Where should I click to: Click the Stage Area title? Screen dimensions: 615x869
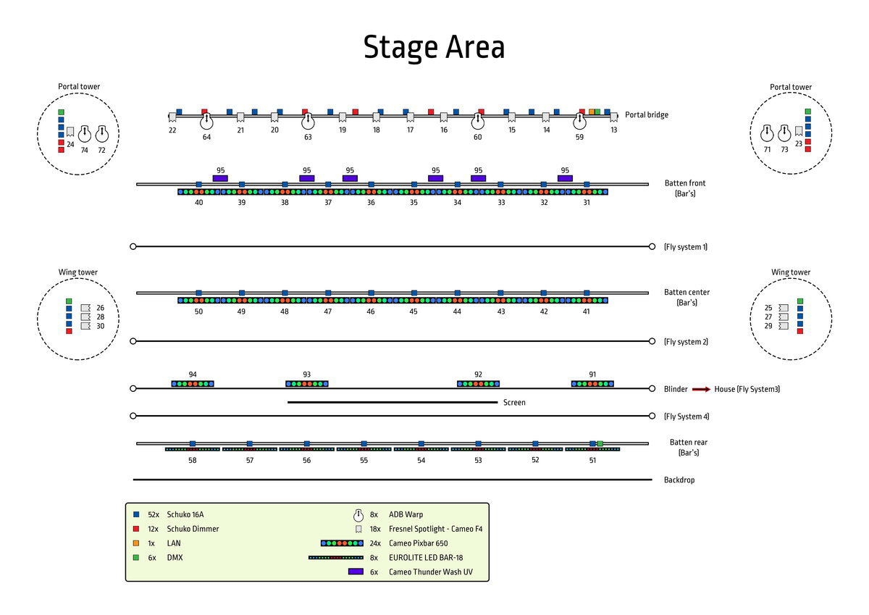click(434, 48)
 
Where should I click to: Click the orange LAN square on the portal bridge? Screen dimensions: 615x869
click(591, 112)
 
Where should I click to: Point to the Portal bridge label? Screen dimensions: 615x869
click(647, 114)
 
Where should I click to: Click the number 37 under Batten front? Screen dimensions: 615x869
click(328, 203)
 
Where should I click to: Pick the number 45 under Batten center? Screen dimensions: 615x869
click(413, 311)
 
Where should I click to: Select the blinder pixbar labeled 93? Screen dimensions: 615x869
click(306, 384)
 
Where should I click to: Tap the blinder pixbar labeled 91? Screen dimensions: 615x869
click(592, 384)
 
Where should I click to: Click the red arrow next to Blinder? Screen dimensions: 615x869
click(701, 389)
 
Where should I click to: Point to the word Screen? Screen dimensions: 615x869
click(514, 402)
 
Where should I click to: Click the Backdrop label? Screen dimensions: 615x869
click(679, 480)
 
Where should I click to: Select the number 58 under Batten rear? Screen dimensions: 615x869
click(192, 460)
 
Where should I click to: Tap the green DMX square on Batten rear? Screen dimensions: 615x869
click(600, 443)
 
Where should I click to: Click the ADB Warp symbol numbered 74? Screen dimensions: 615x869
click(85, 134)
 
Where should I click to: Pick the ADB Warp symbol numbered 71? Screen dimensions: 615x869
click(768, 134)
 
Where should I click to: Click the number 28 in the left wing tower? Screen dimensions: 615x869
click(101, 317)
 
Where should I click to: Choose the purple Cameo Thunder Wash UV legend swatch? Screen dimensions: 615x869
click(356, 572)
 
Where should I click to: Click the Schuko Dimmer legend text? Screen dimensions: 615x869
click(193, 529)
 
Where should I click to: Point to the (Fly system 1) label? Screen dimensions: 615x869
click(685, 247)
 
